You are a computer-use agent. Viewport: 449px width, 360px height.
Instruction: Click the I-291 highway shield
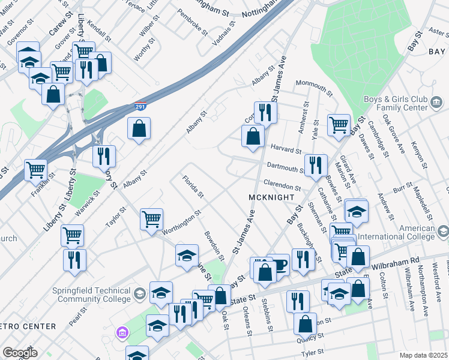[x=139, y=108]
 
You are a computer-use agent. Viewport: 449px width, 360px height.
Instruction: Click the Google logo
[x=20, y=352]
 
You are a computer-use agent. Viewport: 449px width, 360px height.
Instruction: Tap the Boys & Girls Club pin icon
[x=438, y=106]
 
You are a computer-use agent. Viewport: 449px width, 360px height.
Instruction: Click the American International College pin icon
[x=443, y=232]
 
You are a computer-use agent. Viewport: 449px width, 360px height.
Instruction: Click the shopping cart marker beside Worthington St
[x=151, y=218]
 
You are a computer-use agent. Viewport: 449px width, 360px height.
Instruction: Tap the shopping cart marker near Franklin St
[x=35, y=170]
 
